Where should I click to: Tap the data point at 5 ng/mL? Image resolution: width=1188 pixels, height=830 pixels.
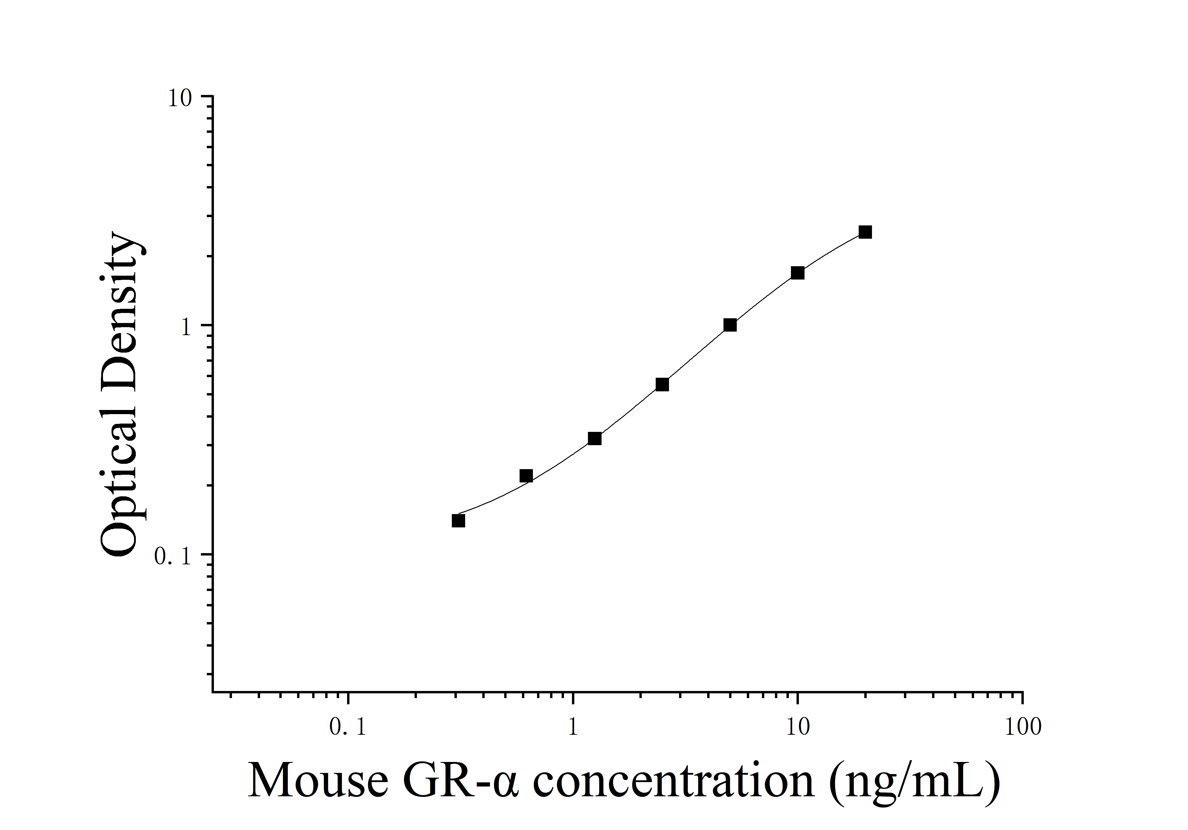[x=730, y=325]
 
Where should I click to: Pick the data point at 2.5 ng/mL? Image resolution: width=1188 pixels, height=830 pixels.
[x=662, y=384]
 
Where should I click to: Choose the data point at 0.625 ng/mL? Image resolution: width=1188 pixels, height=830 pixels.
[x=526, y=476]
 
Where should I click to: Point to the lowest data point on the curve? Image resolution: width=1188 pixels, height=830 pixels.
[x=458, y=520]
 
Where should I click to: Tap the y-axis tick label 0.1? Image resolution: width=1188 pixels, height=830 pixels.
[x=173, y=556]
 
